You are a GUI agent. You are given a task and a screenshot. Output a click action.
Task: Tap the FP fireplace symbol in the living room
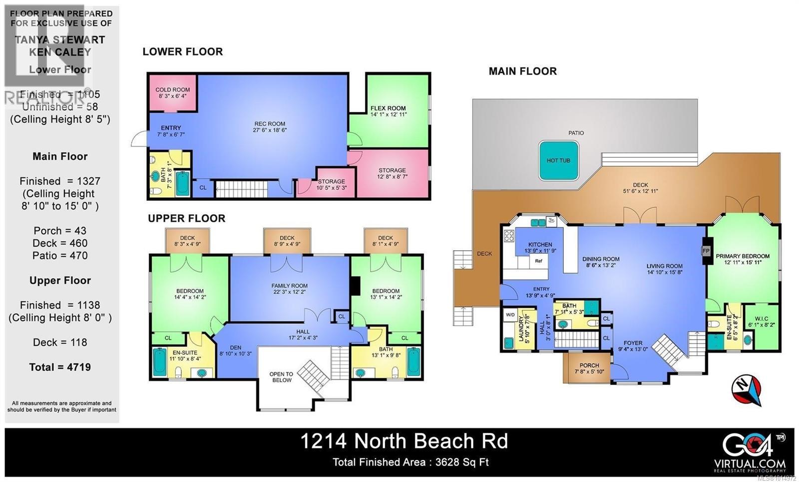pos(706,251)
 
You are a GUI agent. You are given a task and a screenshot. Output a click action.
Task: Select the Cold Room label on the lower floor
pos(173,90)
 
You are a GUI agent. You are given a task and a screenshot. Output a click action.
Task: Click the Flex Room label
pos(388,108)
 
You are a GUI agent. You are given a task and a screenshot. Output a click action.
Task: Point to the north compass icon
pos(747,390)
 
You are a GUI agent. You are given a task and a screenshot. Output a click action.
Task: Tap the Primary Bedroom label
pos(743,256)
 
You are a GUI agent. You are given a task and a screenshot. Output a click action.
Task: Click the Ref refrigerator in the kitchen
pos(538,261)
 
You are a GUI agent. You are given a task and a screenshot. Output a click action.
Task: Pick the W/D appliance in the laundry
pos(510,315)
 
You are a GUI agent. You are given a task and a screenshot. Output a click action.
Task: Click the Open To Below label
pos(281,377)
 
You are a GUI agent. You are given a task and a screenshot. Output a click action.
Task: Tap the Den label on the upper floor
pos(235,348)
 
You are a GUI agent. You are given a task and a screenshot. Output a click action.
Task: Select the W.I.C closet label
pos(762,319)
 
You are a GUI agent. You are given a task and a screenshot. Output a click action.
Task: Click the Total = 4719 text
pos(60,367)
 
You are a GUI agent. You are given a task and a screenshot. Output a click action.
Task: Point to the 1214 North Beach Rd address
pos(403,441)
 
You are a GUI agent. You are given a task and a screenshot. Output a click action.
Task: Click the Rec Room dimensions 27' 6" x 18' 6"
pos(270,130)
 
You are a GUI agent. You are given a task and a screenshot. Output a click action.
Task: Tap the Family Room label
pos(289,286)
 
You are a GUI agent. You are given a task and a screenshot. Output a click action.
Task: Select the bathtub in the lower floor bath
pos(182,183)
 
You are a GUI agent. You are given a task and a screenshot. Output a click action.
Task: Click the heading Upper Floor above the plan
pos(186,218)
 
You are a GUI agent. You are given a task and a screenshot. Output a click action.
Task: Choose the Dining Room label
pos(601,259)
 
